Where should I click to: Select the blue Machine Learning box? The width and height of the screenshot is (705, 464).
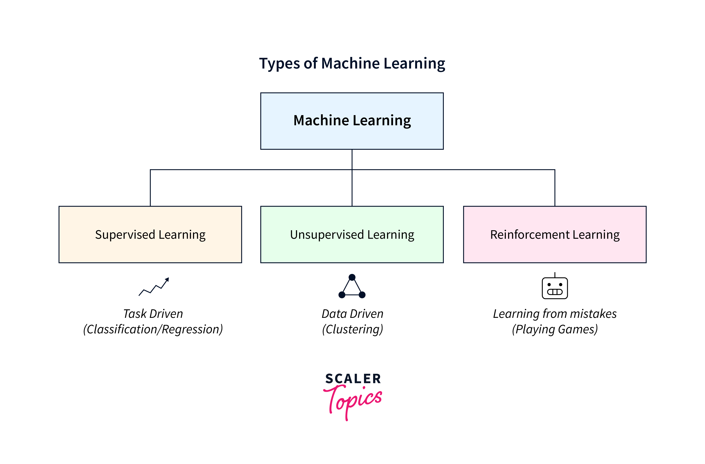tap(352, 121)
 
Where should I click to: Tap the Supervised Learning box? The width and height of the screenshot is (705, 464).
tap(150, 234)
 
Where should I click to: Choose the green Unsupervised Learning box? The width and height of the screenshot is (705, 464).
tap(352, 234)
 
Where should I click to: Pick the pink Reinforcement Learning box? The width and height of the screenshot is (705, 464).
tap(555, 234)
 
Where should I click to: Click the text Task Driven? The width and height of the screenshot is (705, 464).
tap(153, 314)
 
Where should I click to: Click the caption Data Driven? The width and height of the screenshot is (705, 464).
tap(352, 314)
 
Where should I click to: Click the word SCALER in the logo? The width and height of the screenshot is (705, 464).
tap(353, 379)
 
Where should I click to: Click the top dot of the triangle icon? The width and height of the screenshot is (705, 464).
tap(352, 277)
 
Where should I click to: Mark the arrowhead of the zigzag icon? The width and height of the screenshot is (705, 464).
tap(167, 279)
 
